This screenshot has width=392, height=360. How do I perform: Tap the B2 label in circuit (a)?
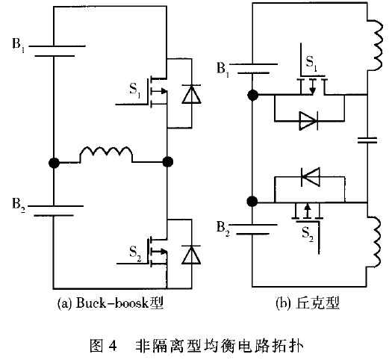click(x=19, y=205)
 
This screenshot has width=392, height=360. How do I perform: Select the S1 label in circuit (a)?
click(x=135, y=90)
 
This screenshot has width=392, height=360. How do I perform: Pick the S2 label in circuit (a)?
click(x=135, y=253)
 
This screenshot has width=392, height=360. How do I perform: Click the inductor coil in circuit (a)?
click(x=106, y=153)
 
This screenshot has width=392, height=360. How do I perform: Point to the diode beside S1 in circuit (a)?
click(x=191, y=94)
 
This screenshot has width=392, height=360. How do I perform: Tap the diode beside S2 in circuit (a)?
click(x=191, y=255)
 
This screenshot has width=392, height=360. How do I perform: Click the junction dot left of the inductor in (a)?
click(x=54, y=163)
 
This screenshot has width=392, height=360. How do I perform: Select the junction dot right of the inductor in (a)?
click(x=167, y=162)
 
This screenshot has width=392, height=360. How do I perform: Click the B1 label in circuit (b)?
click(x=223, y=69)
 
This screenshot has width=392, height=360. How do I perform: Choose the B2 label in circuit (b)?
click(x=223, y=229)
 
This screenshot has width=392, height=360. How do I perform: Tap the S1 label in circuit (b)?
click(x=311, y=63)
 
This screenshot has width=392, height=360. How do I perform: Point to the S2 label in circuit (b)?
click(x=308, y=234)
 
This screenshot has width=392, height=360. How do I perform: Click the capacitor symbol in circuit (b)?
click(x=367, y=140)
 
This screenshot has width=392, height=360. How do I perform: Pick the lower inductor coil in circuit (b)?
click(x=374, y=241)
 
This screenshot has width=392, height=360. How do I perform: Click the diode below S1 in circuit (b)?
click(x=308, y=121)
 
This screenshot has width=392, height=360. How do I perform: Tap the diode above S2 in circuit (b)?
click(x=311, y=177)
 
